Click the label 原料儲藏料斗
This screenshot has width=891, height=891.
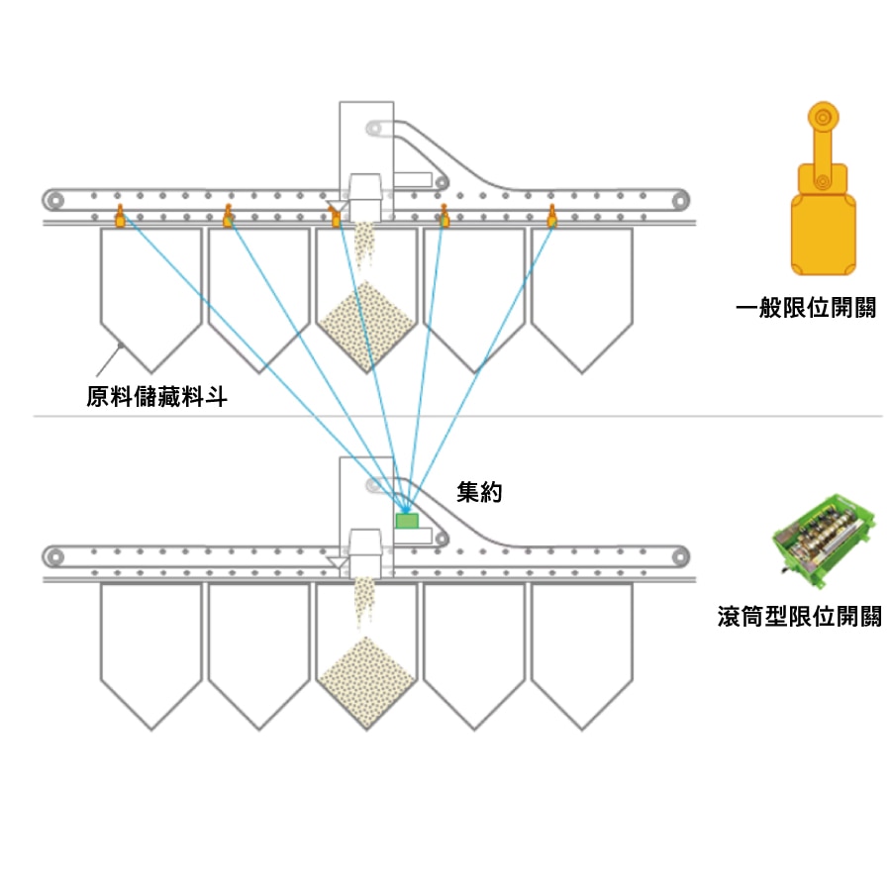point(156,398)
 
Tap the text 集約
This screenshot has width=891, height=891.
point(479,492)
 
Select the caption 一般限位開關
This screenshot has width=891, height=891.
point(806,308)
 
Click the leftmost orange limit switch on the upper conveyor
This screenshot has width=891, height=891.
point(119,218)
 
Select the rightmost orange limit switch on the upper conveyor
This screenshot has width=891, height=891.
point(552,218)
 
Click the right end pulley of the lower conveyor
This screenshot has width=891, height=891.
point(678,555)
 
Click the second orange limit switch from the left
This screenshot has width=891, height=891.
point(228,218)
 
